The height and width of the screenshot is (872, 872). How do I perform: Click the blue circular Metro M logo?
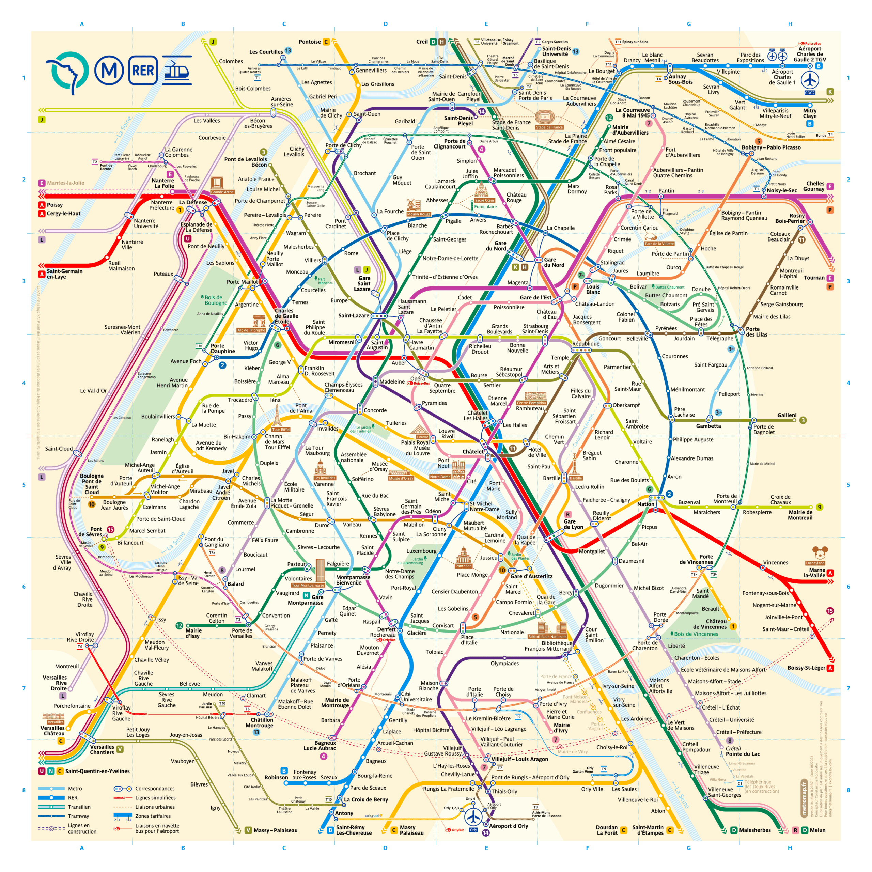click(109, 71)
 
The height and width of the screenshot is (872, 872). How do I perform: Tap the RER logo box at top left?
click(143, 71)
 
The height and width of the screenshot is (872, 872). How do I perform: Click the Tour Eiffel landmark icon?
click(277, 416)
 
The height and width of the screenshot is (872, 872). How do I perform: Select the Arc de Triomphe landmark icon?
click(259, 321)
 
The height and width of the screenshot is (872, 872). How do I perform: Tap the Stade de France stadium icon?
click(545, 118)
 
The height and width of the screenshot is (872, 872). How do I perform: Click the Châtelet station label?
click(472, 451)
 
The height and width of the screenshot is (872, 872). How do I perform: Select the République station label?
click(586, 343)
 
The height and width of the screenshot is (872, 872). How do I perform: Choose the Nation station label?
click(645, 504)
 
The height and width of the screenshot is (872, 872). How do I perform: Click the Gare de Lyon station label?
click(573, 524)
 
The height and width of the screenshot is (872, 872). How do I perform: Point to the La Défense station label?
click(193, 202)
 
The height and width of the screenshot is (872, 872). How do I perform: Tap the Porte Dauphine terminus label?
click(222, 348)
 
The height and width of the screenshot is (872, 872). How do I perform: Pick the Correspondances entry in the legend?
click(154, 789)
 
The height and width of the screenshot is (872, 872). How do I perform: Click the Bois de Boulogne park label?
click(215, 300)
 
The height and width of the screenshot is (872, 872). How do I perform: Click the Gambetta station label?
click(708, 426)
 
